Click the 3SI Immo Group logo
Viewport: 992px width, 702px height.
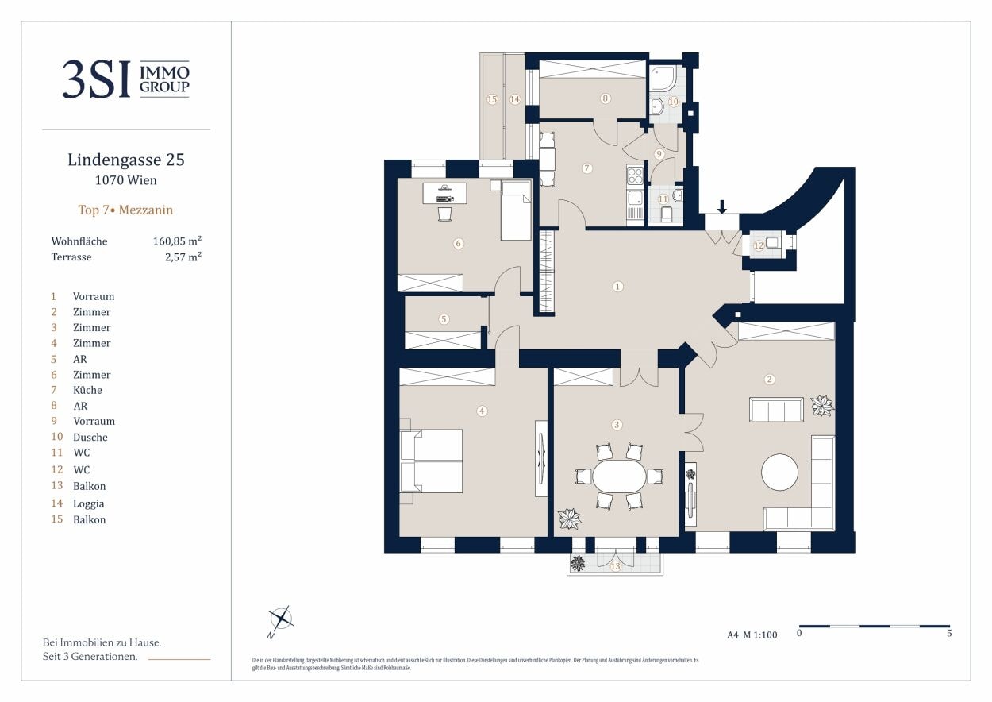126,79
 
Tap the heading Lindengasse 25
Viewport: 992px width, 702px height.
126,160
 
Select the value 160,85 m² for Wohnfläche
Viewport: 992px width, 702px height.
176,241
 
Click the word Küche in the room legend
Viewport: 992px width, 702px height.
87,390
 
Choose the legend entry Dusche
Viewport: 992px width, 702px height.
90,437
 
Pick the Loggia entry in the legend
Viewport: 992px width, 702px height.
88,503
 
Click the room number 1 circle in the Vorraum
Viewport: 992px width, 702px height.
618,287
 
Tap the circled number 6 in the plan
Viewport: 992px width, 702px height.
458,244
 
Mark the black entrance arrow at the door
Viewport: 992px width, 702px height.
721,206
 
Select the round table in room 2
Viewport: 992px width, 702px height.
779,473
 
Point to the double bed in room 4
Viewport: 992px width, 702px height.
431,461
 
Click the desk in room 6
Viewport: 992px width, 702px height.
444,193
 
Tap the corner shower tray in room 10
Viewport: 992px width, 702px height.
663,78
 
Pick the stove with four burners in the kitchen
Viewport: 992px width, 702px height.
635,175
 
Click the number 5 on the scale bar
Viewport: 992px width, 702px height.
949,634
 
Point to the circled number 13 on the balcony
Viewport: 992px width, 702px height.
615,566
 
